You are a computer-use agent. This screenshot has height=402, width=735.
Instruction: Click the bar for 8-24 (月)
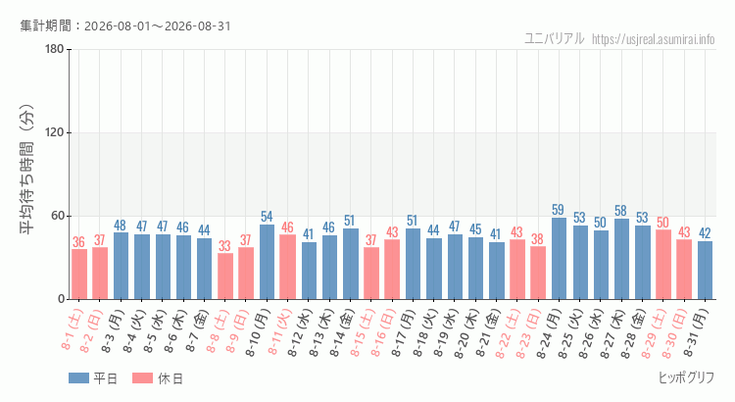559,259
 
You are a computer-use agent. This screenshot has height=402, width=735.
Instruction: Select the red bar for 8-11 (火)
287,267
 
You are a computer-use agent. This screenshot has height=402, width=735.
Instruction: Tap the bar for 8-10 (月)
267,262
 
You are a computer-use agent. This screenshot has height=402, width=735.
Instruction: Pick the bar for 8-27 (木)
621,259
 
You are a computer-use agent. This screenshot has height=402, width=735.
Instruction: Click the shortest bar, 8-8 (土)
225,276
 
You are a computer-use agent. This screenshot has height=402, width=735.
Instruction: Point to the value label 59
558,210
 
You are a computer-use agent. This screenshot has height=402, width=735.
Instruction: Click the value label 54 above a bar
267,217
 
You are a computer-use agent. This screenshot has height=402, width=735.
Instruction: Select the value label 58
620,211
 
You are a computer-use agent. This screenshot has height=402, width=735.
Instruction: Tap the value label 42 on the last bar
705,233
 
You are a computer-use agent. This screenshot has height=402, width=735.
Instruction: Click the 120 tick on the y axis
55,132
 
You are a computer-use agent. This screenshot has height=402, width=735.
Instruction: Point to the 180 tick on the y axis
55,49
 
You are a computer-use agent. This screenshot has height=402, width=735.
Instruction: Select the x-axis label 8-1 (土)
73,329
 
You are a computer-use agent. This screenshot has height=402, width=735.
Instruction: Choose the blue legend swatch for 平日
78,378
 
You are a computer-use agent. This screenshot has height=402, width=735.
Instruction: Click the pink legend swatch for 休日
142,378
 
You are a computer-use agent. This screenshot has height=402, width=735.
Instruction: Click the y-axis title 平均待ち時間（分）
26,170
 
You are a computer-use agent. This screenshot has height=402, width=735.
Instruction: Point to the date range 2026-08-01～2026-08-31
158,26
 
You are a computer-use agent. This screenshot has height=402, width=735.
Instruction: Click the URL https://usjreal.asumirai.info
654,39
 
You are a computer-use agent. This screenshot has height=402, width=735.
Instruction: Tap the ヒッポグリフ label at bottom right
687,377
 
